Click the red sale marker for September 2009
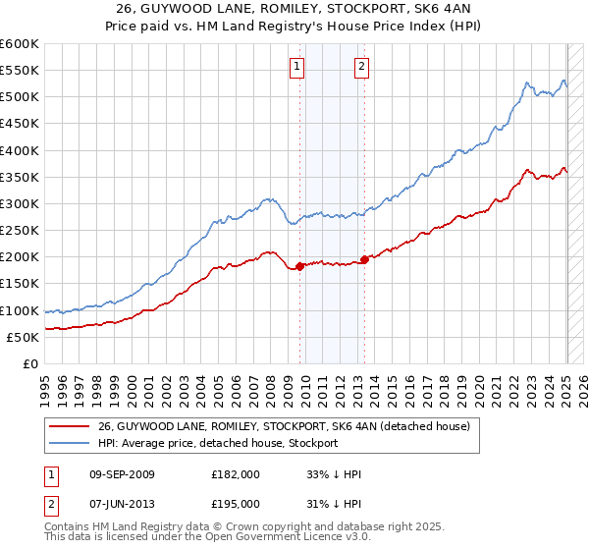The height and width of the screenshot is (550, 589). click(299, 266)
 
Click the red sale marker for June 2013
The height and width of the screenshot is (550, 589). click(364, 259)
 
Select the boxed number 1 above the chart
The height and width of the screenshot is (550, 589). click(296, 67)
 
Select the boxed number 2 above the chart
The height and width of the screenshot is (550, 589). click(361, 67)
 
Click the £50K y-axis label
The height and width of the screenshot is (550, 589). click(24, 337)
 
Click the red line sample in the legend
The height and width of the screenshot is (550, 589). click(71, 427)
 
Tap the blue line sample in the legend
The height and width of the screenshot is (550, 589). click(71, 443)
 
